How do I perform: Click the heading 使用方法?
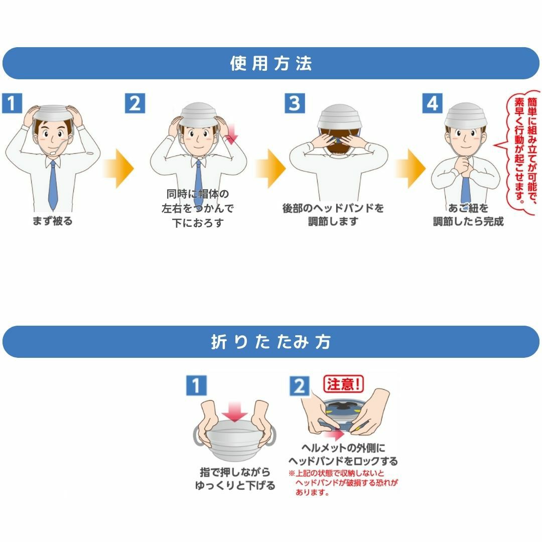pos(271,64)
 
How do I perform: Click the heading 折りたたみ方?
pos(271,342)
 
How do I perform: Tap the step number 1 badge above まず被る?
pos(13,103)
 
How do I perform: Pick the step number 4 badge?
pos(432,103)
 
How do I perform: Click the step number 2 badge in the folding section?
pos(299,386)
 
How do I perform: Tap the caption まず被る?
pos(52,221)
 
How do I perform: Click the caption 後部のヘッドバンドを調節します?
pos(333,215)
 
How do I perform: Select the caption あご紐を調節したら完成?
pos(468,215)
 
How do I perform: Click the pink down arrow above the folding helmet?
pos(235,413)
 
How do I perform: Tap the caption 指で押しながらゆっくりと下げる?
pos(235,479)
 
